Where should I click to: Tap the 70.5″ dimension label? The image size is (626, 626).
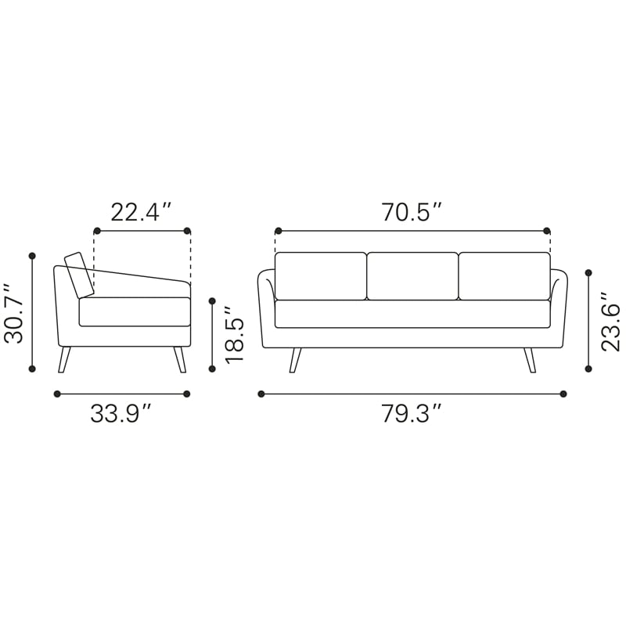(412, 212)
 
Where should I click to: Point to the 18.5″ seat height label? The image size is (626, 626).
(234, 335)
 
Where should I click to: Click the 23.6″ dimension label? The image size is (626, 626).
(610, 322)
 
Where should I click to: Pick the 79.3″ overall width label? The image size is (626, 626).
(412, 414)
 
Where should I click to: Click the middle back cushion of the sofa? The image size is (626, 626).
(412, 276)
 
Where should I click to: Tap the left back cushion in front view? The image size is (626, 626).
(321, 276)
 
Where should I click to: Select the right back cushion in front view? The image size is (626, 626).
(505, 276)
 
